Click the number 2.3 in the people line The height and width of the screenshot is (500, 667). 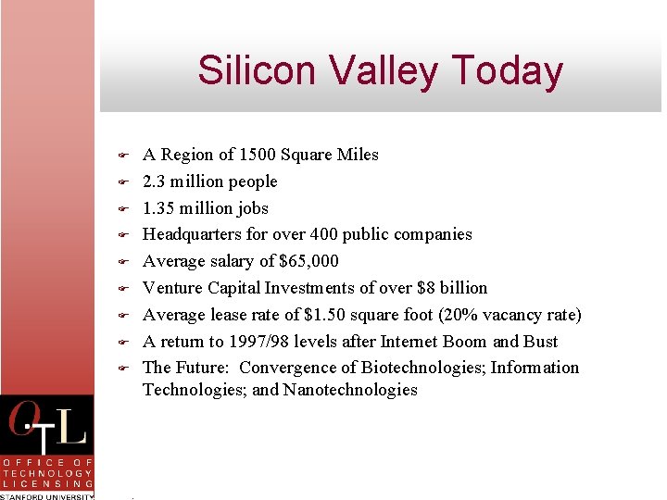(155, 181)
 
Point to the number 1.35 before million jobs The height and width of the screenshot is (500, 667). (159, 208)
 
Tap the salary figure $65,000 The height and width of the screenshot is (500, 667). (308, 261)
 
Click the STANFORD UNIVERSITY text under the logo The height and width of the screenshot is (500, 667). (46, 495)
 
